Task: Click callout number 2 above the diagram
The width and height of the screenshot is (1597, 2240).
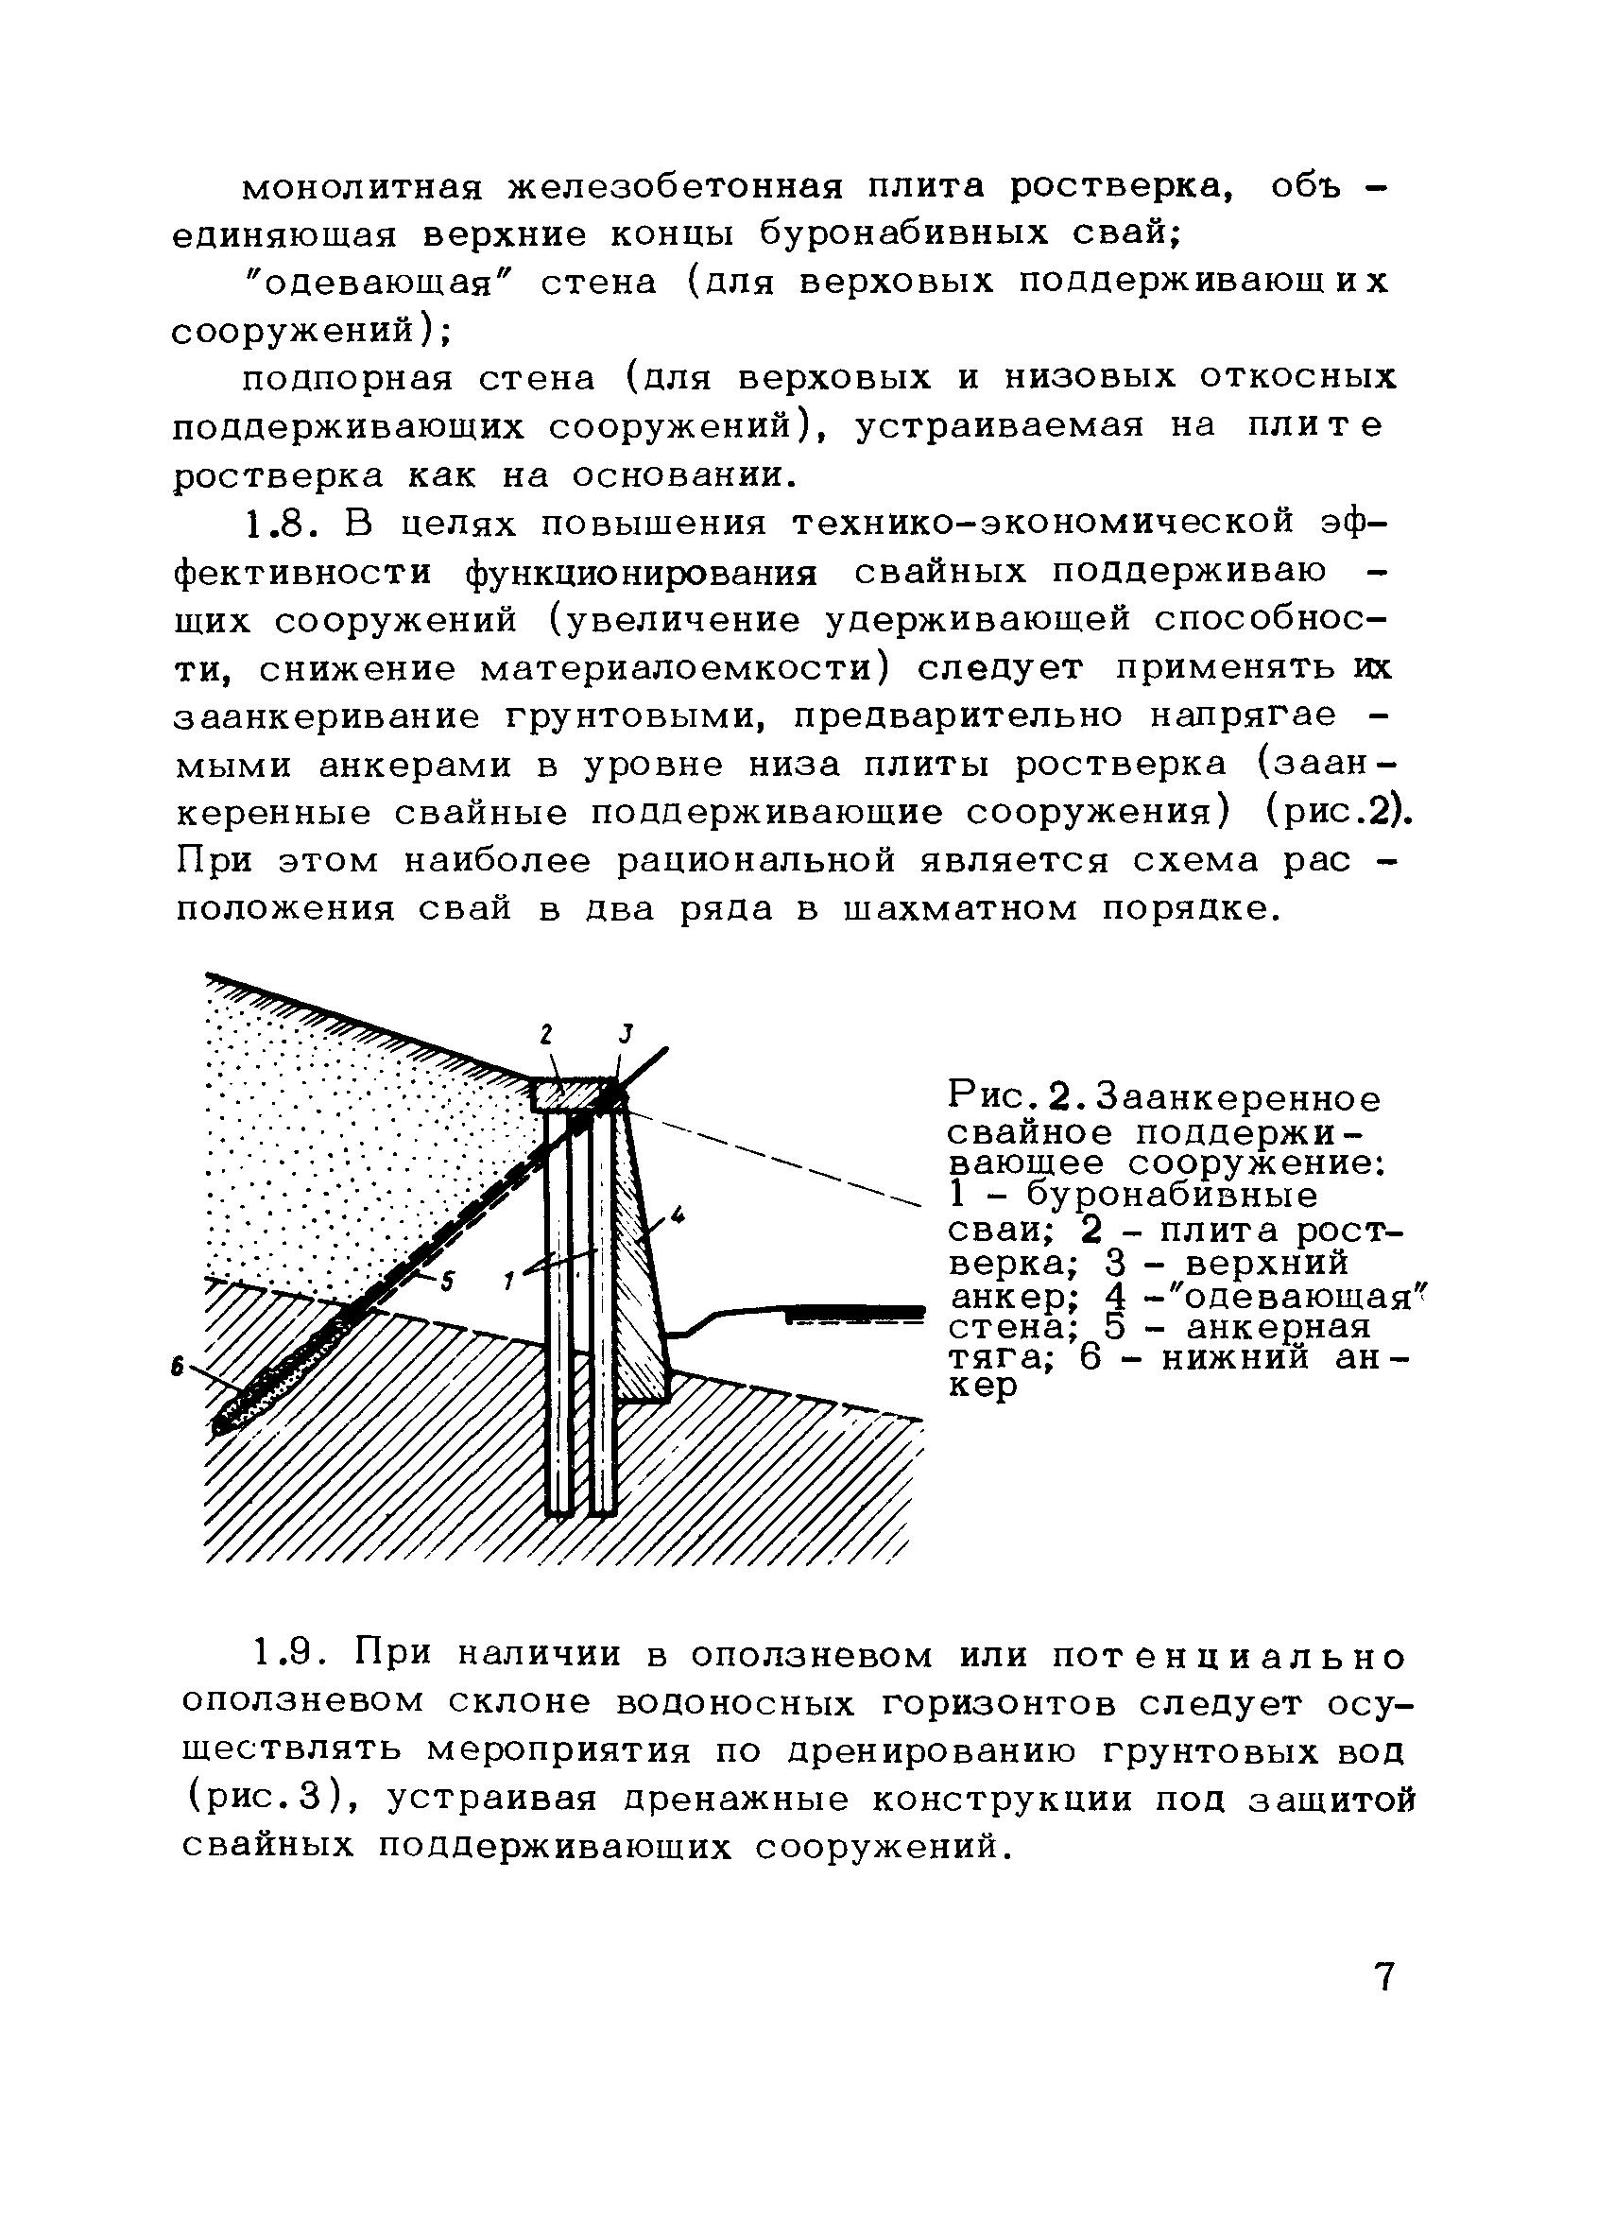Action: point(548,1034)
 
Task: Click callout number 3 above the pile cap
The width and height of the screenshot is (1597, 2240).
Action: point(626,1033)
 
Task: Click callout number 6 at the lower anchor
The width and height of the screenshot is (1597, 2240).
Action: point(178,1366)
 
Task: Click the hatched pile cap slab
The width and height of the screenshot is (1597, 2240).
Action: point(571,1094)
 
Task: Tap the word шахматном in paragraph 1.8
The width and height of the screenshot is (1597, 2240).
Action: point(959,907)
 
